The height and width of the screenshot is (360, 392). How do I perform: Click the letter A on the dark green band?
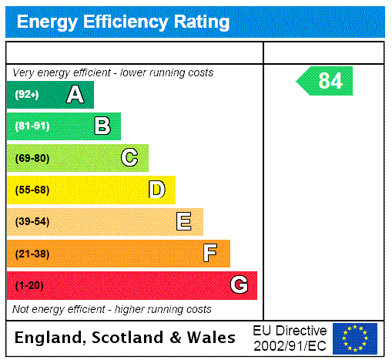75,95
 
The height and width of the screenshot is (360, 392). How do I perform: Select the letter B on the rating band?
102,126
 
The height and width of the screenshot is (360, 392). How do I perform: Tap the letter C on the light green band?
129,158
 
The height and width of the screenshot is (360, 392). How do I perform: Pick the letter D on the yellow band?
156,190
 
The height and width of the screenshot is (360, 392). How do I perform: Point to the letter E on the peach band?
184,222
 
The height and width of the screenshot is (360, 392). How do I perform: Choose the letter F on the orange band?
211,254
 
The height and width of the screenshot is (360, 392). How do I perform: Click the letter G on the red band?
239,285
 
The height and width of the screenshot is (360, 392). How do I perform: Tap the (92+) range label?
26,95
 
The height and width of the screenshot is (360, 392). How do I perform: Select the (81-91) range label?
32,126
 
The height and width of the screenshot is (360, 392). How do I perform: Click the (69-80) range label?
32,158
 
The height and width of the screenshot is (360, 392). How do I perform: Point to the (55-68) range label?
32,190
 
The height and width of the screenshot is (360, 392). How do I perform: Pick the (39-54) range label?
32,222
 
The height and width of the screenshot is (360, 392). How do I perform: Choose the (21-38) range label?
32,254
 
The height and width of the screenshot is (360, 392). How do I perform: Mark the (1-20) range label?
29,286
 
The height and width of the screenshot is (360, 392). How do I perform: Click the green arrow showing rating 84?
325,81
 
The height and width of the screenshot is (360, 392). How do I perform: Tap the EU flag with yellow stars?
355,338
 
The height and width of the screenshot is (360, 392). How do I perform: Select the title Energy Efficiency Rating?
123,22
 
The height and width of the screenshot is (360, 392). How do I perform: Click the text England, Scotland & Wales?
126,338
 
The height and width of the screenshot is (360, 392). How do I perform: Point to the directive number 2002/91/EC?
290,344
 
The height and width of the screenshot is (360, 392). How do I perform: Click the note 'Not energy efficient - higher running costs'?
112,309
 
